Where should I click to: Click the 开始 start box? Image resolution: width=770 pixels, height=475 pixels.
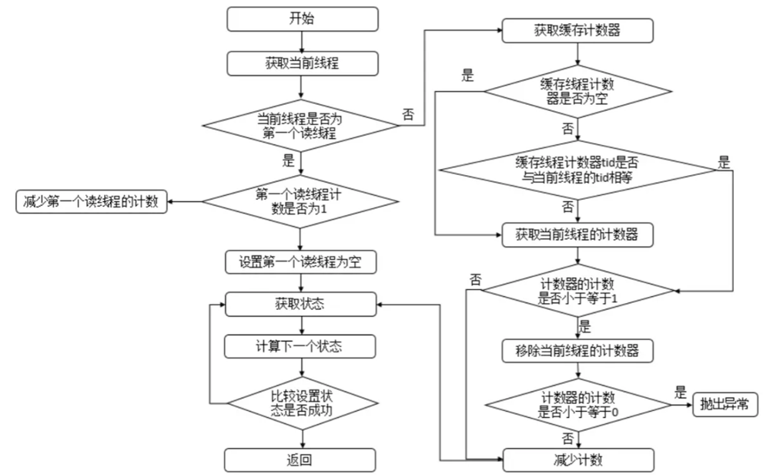pos(301,19)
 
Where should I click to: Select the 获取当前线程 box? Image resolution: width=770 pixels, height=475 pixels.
pos(301,64)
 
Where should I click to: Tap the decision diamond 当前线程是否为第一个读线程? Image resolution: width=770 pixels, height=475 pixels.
pos(301,126)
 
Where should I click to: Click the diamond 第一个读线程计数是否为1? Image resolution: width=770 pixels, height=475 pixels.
pos(301,203)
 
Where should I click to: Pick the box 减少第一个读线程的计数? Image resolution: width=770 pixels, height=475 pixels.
pos(92,203)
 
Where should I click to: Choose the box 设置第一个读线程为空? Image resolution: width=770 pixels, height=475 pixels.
pos(301,262)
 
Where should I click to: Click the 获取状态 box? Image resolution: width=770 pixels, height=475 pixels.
pos(301,304)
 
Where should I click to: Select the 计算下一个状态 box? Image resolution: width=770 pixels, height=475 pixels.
pos(301,346)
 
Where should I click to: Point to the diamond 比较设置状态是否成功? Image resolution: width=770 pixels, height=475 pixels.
pos(301,403)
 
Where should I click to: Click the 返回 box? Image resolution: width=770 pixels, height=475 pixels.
pos(301,460)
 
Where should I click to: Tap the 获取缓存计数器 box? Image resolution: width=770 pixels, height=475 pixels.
pos(577,32)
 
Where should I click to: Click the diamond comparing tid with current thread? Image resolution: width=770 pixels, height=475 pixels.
pos(577,169)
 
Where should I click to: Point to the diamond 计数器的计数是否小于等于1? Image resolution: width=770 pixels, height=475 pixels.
pos(577,290)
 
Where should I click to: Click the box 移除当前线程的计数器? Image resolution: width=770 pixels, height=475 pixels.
pos(577,350)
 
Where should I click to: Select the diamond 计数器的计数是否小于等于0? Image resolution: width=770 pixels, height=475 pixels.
pos(577,404)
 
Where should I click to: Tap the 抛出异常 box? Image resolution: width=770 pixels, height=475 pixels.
pos(725,403)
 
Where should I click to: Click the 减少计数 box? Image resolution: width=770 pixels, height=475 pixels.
pos(577,460)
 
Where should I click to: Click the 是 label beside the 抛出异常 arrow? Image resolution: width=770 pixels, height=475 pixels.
pos(680,392)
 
